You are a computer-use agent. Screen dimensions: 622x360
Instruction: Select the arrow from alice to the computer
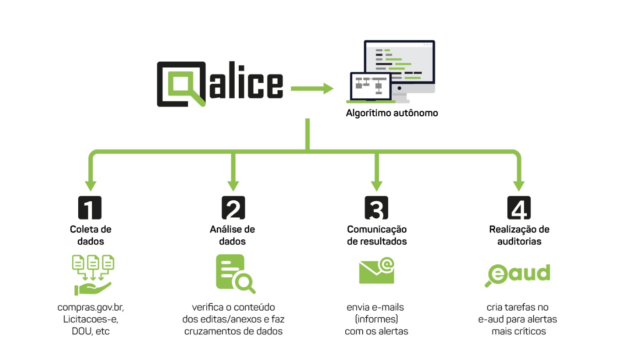click(x=312, y=88)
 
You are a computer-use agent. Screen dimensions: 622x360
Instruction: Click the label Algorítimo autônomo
click(x=392, y=113)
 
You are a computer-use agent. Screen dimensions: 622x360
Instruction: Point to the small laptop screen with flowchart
click(x=371, y=86)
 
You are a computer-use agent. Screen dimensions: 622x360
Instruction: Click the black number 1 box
click(x=90, y=208)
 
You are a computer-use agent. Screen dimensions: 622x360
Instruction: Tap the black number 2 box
click(x=233, y=208)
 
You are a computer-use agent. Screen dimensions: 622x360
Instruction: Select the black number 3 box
click(x=376, y=208)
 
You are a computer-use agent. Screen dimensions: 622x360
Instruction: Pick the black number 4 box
click(x=519, y=208)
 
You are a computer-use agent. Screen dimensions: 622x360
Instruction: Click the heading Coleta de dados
click(x=91, y=235)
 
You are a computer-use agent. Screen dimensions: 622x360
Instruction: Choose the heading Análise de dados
click(x=232, y=235)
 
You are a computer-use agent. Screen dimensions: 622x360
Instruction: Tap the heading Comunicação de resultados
click(x=377, y=235)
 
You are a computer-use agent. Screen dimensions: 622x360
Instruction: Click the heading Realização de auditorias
click(x=519, y=235)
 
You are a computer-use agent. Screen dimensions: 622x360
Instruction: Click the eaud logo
click(x=518, y=274)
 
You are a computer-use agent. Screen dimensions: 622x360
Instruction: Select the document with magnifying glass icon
click(x=236, y=274)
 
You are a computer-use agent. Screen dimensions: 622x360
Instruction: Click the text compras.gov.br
click(x=91, y=307)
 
